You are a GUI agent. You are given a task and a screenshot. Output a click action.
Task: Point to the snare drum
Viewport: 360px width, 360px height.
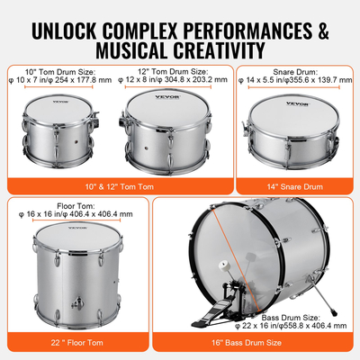coord(293,136)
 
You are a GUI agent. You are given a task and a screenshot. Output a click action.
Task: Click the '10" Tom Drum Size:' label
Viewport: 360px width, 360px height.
coord(61,69)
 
